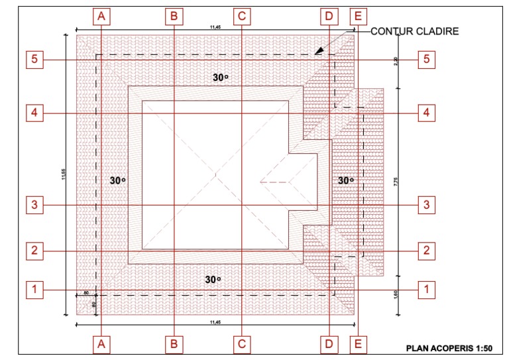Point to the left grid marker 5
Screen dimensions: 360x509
coord(34,60)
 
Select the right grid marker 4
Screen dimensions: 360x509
coord(427,113)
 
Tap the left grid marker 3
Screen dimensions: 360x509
coord(34,205)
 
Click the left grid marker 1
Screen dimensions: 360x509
coord(34,289)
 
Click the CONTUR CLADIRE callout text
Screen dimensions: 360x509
coord(414,31)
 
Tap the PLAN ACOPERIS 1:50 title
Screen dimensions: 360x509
coord(449,347)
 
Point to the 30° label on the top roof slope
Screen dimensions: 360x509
coord(220,78)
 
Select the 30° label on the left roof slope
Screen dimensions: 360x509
coord(117,180)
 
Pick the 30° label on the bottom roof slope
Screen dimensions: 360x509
coord(212,279)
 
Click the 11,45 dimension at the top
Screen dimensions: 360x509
coord(215,27)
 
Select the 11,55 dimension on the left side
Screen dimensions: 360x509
coord(62,176)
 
